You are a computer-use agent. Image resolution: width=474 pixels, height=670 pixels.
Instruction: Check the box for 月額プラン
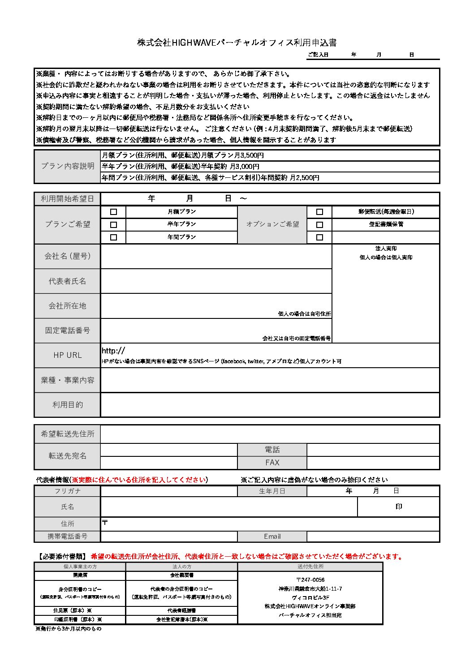(x=113, y=212)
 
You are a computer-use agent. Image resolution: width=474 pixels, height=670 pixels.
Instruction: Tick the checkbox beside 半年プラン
(x=113, y=224)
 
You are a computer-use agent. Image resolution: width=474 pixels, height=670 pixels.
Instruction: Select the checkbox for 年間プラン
(x=113, y=237)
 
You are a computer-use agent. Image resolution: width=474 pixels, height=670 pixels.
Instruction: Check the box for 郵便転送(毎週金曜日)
(x=319, y=212)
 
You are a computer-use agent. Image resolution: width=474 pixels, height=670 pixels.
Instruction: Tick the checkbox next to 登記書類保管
(x=319, y=224)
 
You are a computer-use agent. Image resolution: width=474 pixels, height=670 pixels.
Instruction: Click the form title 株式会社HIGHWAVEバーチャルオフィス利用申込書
(x=237, y=43)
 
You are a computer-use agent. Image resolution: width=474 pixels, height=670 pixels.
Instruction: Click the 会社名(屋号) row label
(x=68, y=256)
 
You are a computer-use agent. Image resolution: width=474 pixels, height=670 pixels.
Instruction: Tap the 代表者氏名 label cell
(x=68, y=281)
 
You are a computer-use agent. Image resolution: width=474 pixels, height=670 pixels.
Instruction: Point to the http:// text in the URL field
(x=113, y=351)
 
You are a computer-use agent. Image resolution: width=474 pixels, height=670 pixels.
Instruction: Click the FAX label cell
(x=272, y=463)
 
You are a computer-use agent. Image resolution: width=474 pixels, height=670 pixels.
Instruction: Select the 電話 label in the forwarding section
(x=272, y=450)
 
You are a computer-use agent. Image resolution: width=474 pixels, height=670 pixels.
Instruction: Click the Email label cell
(x=272, y=537)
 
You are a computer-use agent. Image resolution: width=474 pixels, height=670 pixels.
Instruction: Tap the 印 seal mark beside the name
(x=399, y=507)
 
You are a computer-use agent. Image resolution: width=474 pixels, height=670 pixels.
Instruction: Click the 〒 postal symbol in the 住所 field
(x=105, y=522)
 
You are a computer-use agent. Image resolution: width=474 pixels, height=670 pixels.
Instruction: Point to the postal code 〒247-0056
(x=310, y=580)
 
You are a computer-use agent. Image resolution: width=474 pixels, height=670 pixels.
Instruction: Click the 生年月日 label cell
(x=272, y=491)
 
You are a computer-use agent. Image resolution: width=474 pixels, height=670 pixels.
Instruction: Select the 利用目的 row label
(x=68, y=405)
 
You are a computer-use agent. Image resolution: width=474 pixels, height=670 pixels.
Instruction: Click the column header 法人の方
(x=181, y=567)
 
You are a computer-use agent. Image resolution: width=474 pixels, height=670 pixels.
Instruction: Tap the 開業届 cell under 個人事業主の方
(x=80, y=575)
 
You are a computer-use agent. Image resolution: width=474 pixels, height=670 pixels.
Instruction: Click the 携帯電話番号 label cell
(x=68, y=537)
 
